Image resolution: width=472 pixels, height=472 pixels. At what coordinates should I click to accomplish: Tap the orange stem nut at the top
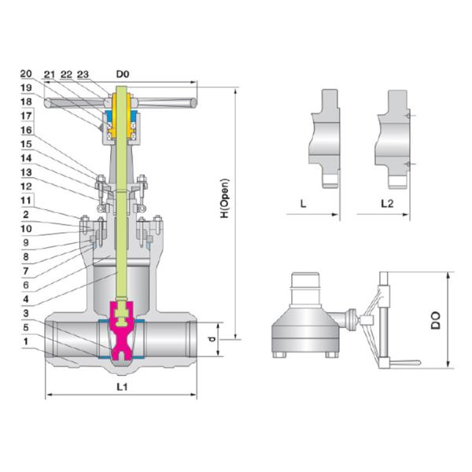click(122, 118)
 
